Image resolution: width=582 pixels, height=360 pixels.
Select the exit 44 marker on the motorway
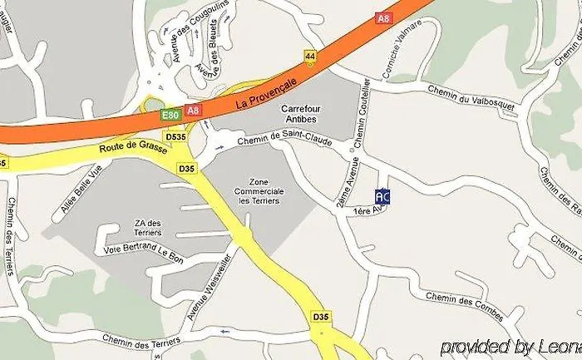310,56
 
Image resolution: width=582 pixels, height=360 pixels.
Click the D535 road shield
175,136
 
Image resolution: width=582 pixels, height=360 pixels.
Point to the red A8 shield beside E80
194,110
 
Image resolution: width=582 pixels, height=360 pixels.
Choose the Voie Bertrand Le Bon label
143,249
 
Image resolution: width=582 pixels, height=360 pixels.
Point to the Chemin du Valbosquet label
471,98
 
